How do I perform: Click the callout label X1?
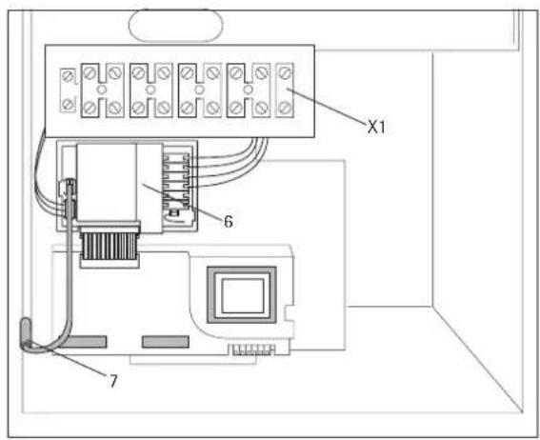coord(380,126)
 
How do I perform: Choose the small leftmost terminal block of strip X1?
coord(69,89)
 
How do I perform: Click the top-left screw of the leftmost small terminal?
coord(69,73)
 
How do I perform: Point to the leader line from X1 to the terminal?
coord(329,107)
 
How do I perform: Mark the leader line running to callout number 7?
coord(81,367)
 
